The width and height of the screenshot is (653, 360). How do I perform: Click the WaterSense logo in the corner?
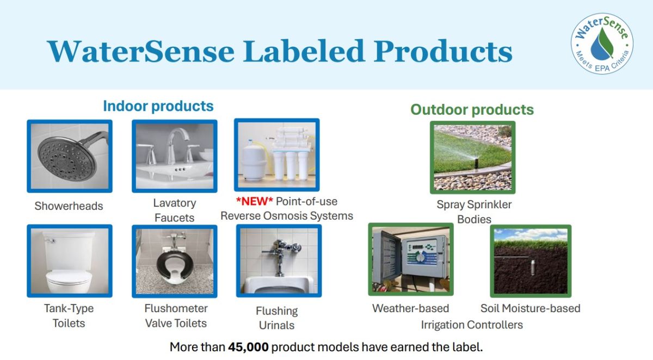coord(602,44)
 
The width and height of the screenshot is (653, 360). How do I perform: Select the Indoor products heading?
coord(158,105)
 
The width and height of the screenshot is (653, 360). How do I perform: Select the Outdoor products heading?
coord(472,109)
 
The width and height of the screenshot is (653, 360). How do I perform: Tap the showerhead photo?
coord(70,156)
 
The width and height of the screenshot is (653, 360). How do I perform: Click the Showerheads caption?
coord(69,206)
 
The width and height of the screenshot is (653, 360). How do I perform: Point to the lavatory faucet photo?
coord(174,156)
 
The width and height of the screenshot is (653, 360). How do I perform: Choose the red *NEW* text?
coord(255,202)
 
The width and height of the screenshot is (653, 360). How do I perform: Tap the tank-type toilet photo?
coord(70,261)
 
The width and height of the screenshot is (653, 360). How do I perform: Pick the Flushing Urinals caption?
coord(276,318)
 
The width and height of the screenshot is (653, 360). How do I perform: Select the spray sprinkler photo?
coord(472,157)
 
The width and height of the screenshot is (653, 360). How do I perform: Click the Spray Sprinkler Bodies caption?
coord(474,212)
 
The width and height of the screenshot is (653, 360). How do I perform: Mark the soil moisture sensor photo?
coord(531,260)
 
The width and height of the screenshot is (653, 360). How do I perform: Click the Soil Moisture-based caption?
coord(530,308)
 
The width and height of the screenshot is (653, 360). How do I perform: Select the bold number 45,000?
coord(249,347)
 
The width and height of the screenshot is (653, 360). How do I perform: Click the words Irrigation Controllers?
coord(471,325)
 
